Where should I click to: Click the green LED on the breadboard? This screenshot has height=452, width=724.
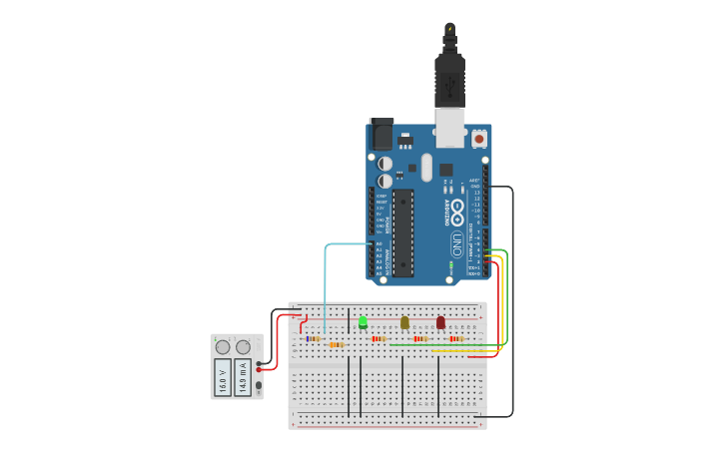[x=362, y=322]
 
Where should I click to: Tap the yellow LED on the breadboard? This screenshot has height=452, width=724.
[x=404, y=322]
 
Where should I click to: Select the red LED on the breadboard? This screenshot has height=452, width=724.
[x=440, y=322]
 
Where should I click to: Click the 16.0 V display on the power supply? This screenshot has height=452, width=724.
[x=223, y=379]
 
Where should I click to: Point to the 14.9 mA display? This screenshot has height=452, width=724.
[x=243, y=379]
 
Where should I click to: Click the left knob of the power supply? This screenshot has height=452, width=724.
[x=223, y=347]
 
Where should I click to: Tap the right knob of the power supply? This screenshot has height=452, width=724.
[x=243, y=347]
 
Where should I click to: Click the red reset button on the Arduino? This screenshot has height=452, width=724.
[x=479, y=138]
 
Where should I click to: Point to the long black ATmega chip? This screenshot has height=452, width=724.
[x=402, y=232]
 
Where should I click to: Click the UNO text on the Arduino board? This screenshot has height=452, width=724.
[x=457, y=243]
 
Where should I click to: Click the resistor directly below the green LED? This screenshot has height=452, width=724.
[x=378, y=338]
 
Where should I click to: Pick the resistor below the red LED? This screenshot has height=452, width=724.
[x=456, y=338]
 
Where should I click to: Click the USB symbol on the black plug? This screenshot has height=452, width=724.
[x=450, y=29]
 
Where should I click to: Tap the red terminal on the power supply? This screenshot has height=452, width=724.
[x=260, y=369]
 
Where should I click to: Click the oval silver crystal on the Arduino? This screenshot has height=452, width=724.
[x=426, y=167]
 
